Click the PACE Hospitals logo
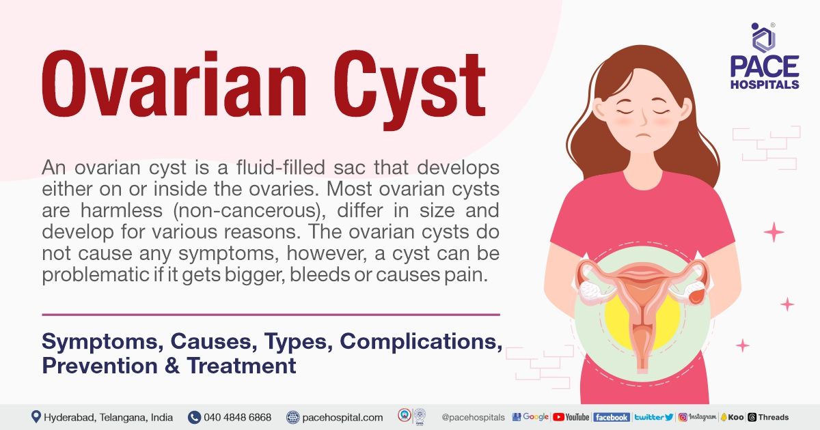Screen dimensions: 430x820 764,57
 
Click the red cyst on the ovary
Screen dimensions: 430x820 696,296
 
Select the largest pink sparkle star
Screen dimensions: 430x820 774,233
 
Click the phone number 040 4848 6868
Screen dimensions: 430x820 237,417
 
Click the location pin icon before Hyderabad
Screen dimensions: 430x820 36,417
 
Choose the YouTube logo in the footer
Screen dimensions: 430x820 571,417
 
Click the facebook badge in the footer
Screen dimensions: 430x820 611,417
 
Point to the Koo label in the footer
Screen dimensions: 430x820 732,417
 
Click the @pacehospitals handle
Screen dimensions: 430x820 473,417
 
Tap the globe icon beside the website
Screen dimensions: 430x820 293,417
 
